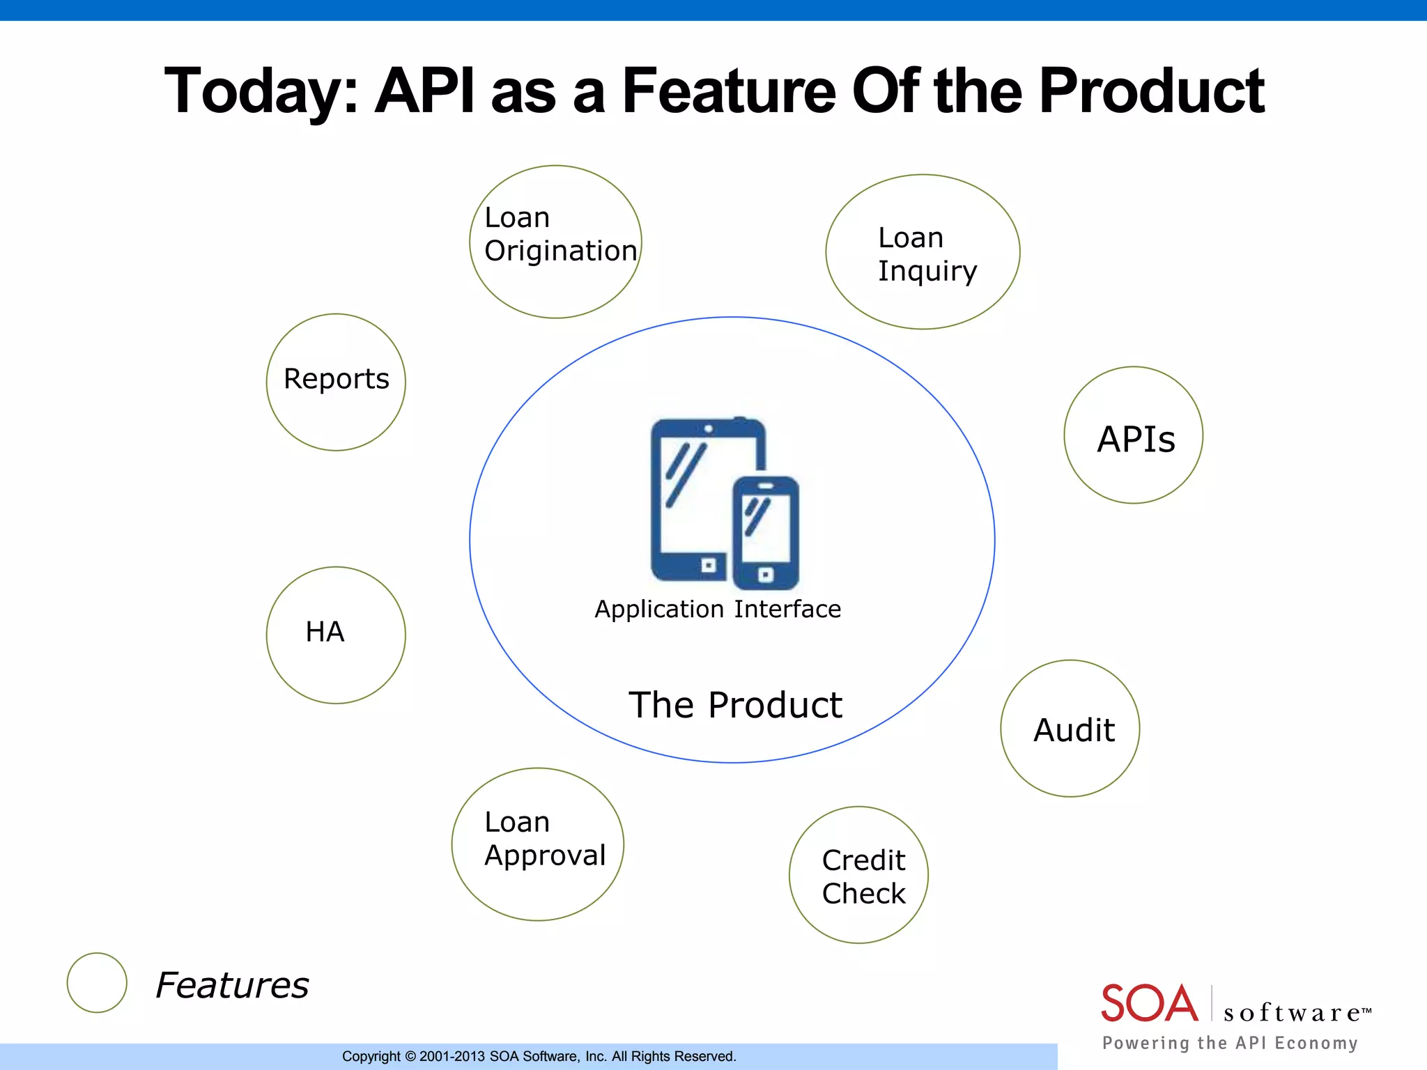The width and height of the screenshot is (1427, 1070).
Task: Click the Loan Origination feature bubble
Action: [x=555, y=241]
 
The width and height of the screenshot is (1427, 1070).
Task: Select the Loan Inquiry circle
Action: [x=923, y=252]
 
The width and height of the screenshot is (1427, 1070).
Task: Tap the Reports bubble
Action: [x=336, y=382]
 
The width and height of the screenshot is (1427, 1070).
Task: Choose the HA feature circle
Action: [x=336, y=635]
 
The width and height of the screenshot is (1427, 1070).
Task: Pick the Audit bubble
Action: [x=1070, y=729]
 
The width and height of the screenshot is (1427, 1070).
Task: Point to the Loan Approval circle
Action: [x=537, y=844]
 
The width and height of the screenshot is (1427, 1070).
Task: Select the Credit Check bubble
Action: [x=859, y=876]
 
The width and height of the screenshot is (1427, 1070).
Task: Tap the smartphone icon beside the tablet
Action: [x=766, y=533]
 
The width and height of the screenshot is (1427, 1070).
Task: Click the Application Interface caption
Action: [x=718, y=610]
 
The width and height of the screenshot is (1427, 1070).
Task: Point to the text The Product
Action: [x=735, y=705]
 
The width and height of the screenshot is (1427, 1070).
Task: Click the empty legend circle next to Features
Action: [x=97, y=982]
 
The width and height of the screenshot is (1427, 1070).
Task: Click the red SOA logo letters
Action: [x=1149, y=1003]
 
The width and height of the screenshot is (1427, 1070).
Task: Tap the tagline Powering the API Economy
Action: [x=1230, y=1043]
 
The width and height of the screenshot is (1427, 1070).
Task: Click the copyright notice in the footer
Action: [x=539, y=1057]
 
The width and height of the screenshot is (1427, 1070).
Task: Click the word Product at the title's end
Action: [x=1151, y=91]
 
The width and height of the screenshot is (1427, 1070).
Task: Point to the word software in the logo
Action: [x=1293, y=1013]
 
